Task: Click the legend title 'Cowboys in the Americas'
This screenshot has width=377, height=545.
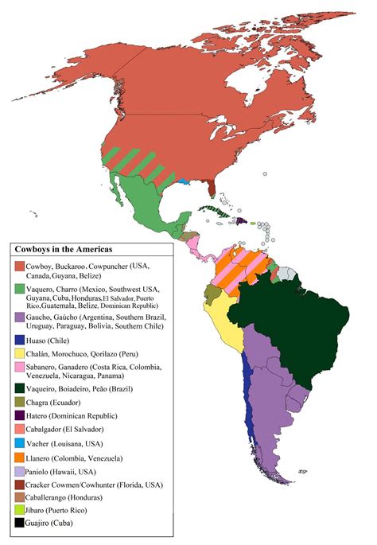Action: pyautogui.click(x=64, y=249)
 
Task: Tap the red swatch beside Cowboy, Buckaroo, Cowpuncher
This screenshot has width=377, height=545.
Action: pyautogui.click(x=19, y=265)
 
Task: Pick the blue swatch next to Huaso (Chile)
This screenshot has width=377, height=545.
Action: pyautogui.click(x=19, y=340)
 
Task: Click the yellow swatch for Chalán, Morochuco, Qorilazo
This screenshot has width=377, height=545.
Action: pyautogui.click(x=19, y=352)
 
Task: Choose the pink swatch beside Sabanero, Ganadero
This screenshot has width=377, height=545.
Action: pyautogui.click(x=19, y=366)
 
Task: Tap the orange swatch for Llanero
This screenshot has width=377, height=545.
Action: pyautogui.click(x=19, y=457)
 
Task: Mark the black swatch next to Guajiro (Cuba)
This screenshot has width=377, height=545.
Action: pyautogui.click(x=19, y=522)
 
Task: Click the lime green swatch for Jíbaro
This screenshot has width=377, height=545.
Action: pyautogui.click(x=19, y=509)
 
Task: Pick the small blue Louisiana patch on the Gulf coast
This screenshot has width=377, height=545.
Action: pyautogui.click(x=184, y=181)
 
